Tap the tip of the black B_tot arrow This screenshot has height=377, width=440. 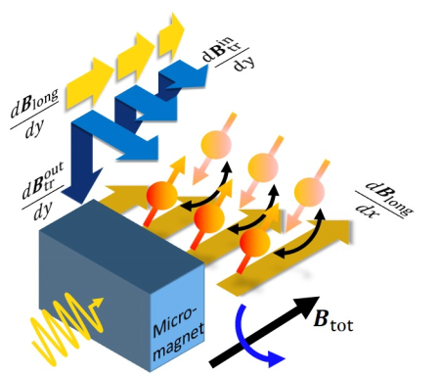319,297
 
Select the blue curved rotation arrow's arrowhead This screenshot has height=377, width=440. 277,360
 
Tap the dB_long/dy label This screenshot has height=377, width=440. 35,113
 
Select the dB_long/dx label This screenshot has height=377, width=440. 384,203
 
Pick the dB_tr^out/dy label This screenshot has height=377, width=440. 42,192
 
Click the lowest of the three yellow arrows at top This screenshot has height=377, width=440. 90,83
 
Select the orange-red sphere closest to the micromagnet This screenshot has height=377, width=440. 162,195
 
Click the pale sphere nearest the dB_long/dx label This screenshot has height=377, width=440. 309,192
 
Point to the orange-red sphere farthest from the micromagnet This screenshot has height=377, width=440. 255,242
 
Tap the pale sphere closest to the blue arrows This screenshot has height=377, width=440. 216,144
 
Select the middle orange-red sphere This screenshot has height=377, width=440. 209,218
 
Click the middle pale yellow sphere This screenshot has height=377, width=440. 263,167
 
